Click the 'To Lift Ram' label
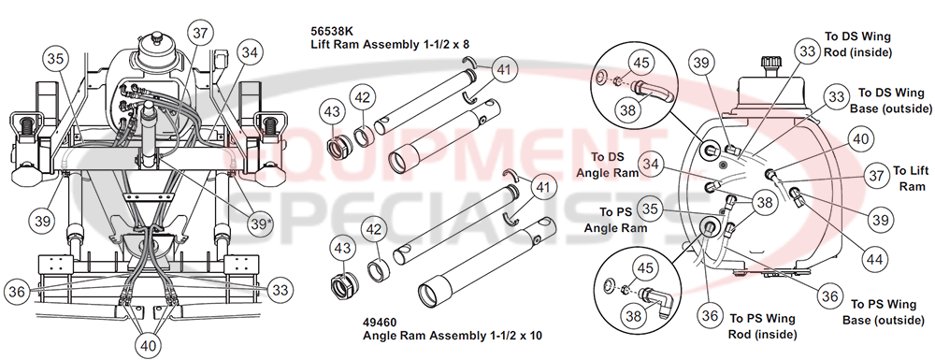908,178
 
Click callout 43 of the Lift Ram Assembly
332,111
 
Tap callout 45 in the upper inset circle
641,64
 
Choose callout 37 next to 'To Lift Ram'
874,175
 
